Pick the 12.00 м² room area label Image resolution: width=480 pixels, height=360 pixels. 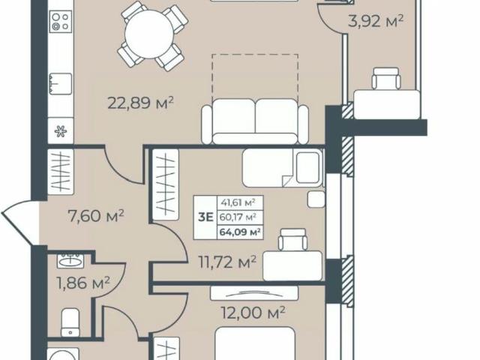252,311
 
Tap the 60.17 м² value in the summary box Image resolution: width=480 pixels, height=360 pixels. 238,217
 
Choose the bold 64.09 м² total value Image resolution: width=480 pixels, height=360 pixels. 238,232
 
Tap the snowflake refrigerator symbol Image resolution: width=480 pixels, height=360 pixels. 60,132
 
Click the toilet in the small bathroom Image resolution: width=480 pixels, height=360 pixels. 70,320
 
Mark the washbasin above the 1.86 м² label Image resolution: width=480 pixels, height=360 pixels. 72,261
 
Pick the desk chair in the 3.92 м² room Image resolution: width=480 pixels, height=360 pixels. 386,78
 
